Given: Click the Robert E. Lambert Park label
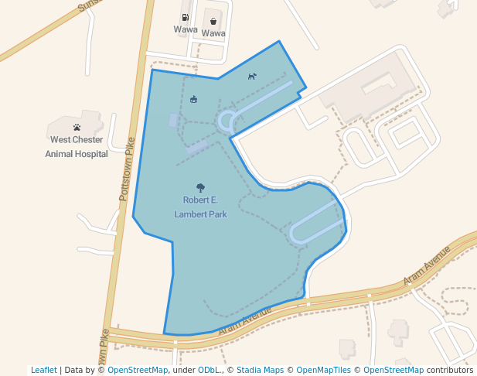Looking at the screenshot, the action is [x=200, y=207].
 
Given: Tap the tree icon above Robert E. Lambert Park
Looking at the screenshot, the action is [x=200, y=187].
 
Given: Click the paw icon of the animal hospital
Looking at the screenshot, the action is [x=77, y=127].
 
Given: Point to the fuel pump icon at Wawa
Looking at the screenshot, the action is [x=186, y=17].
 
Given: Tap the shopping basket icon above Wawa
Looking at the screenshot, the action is [x=213, y=22].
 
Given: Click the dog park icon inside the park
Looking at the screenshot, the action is [x=252, y=76].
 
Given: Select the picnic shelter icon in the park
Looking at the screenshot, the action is [x=193, y=99].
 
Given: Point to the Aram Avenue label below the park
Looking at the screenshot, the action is [x=245, y=320].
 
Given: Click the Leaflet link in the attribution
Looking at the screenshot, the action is [x=43, y=370].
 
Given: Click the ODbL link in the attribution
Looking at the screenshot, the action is [x=210, y=370].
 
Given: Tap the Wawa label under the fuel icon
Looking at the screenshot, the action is [x=186, y=29].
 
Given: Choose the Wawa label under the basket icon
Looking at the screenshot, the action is [x=213, y=34].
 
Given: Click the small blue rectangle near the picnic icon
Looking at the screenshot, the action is [x=173, y=120].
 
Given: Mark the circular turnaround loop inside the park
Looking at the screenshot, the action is [x=227, y=121].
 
